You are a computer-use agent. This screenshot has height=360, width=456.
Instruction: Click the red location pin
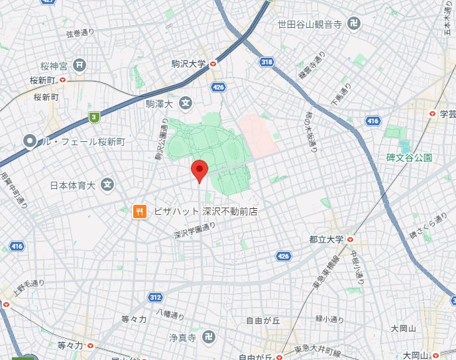[x=199, y=170]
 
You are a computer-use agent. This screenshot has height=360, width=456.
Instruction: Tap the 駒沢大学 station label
[x=189, y=64]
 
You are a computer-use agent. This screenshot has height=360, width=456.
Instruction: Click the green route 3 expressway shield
[x=95, y=117]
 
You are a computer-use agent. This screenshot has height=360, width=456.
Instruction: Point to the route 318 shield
[x=266, y=62]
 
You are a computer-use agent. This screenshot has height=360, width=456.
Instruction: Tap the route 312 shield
[x=155, y=298]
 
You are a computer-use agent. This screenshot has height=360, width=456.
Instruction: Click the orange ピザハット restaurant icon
[x=139, y=211]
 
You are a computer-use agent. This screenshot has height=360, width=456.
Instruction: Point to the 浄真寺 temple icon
[x=208, y=336]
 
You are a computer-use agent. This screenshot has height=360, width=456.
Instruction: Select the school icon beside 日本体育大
[x=108, y=185]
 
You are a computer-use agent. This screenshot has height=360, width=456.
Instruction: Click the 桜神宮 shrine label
[x=54, y=65]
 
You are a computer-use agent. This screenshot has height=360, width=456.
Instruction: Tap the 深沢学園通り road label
[x=195, y=230]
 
